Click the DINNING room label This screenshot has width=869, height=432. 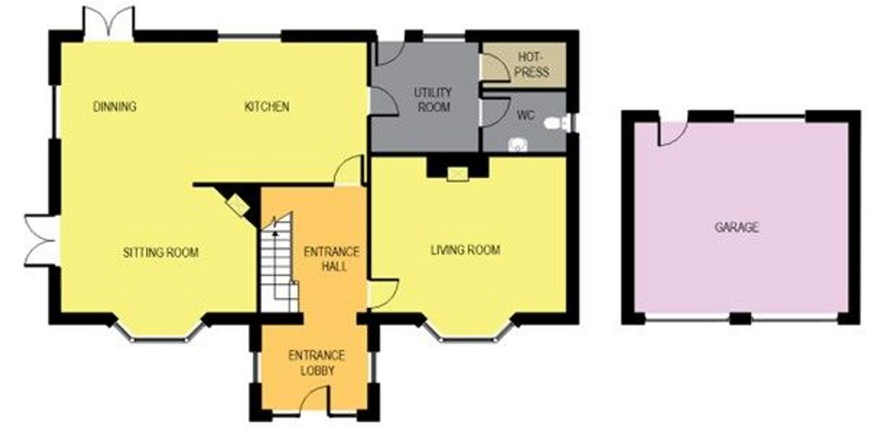pos(115,107)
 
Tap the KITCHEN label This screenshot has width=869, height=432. pos(267,107)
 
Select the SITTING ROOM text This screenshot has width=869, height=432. pos(161,253)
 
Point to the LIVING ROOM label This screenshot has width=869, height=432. pos(465,250)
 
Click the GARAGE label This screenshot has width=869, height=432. pos(737,227)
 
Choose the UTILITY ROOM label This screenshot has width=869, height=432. pos(433,100)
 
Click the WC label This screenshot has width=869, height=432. pos(526,115)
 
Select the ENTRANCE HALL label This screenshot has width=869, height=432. pos(331,259)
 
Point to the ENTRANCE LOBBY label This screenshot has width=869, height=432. pos(316,363)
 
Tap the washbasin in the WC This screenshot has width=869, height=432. pos(518,145)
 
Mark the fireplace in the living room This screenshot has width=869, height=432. pos(458,175)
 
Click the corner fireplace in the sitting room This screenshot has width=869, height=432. pos(238,204)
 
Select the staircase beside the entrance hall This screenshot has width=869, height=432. pos(278,264)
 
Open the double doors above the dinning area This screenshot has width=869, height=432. pos(109,24)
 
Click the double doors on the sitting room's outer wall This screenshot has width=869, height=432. pos(42,240)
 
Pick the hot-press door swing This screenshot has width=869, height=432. pos(495,69)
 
